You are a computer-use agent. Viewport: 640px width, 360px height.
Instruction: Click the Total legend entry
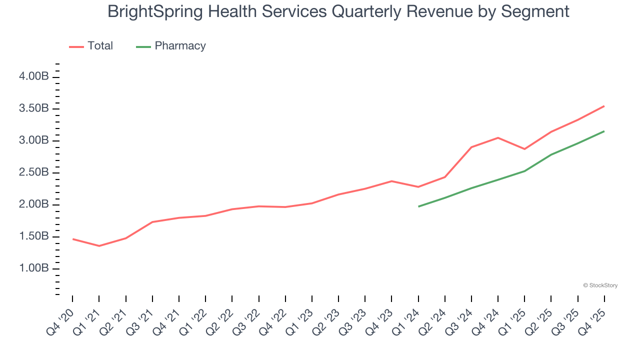(x=100, y=46)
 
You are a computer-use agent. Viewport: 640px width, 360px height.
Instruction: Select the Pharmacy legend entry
(x=180, y=46)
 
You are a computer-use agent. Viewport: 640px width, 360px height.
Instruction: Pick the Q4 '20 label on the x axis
(x=60, y=322)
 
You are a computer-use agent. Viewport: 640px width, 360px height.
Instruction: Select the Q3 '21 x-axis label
(x=140, y=322)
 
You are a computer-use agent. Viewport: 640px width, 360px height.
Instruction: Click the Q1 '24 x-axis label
(x=406, y=322)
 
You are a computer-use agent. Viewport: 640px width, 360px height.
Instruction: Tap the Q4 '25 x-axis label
(x=592, y=322)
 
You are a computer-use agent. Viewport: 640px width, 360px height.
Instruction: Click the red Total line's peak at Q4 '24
(x=498, y=137)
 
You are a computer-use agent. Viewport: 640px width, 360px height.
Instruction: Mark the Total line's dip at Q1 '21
(x=99, y=246)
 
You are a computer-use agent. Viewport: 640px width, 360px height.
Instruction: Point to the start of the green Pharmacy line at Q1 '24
(x=418, y=206)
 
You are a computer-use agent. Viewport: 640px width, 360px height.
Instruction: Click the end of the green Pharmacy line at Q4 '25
(x=604, y=131)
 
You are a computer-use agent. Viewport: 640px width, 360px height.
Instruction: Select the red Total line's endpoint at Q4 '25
(x=604, y=106)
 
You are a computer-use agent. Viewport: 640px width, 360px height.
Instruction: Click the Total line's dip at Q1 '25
(x=524, y=149)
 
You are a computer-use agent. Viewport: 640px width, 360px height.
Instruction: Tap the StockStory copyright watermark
(x=600, y=285)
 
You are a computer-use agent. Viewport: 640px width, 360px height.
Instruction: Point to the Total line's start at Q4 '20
(x=73, y=239)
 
